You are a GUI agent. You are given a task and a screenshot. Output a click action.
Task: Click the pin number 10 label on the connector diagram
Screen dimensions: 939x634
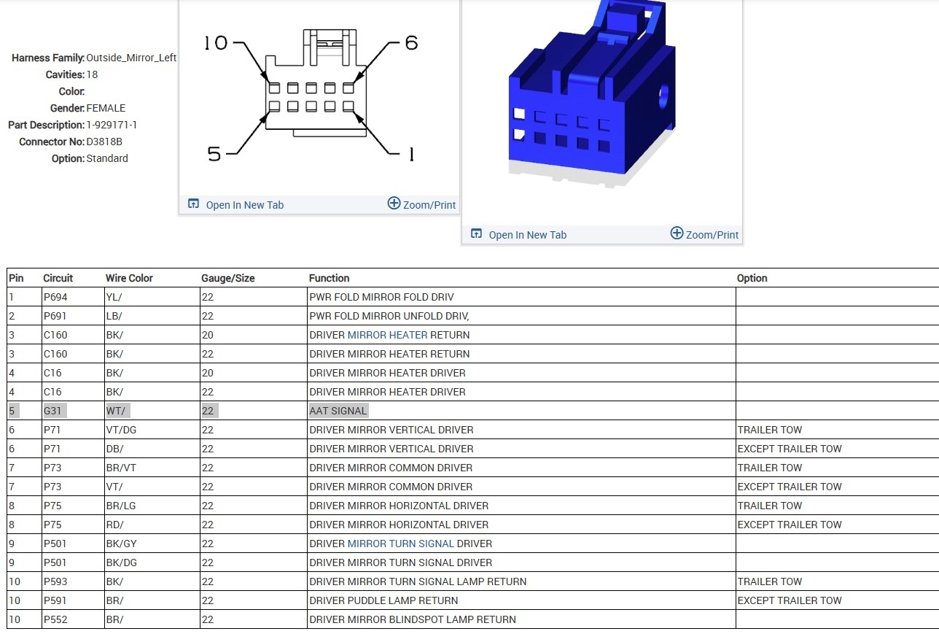216,43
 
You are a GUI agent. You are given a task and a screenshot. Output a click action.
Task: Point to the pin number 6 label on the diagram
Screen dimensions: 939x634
411,43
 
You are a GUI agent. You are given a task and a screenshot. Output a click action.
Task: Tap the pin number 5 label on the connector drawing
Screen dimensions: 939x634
214,154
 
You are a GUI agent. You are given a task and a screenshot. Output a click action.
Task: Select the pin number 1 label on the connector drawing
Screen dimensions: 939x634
411,154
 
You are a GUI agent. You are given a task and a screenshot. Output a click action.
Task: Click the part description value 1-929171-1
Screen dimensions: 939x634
112,125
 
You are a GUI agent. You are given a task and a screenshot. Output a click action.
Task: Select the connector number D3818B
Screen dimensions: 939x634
104,142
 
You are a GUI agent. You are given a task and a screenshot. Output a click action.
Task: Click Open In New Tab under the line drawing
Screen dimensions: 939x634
245,205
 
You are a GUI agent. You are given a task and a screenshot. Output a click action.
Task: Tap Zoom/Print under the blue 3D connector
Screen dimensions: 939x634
712,234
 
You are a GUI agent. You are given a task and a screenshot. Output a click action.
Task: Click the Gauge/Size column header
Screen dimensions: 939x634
228,278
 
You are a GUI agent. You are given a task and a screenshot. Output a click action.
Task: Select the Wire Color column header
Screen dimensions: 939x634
129,278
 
